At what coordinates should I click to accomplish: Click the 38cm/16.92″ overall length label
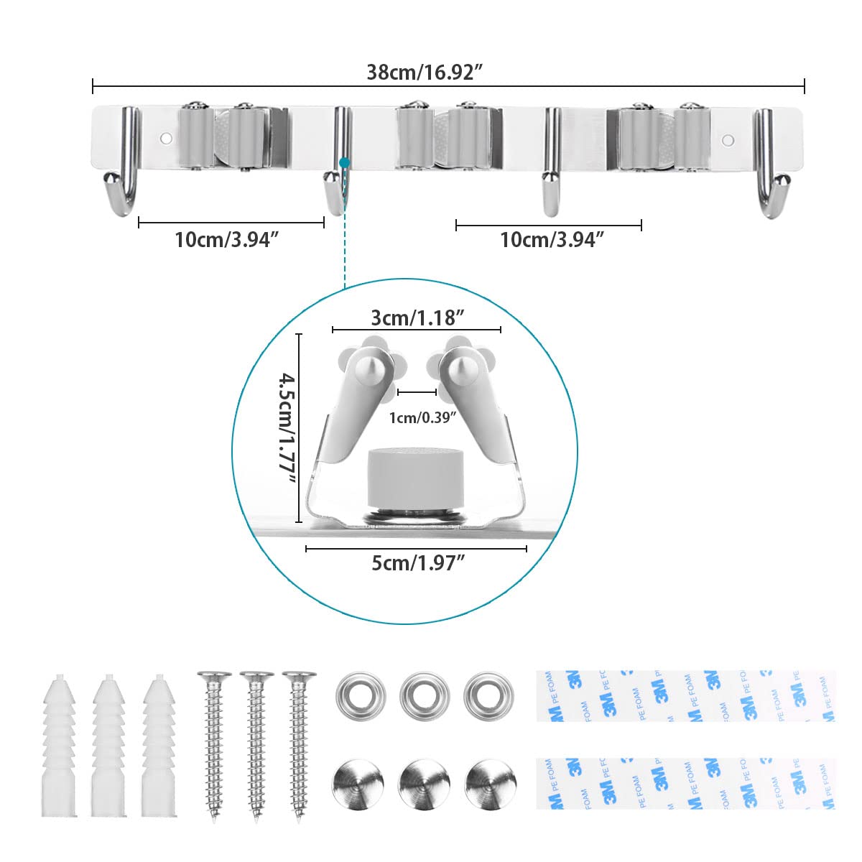point(424,72)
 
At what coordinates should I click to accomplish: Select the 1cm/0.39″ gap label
point(422,417)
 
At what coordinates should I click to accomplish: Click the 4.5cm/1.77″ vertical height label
point(287,429)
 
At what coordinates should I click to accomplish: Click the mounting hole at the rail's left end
point(165,136)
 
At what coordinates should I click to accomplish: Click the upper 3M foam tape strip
point(686,695)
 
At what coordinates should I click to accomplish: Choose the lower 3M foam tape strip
point(686,782)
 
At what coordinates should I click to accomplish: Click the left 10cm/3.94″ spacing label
point(226,240)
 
